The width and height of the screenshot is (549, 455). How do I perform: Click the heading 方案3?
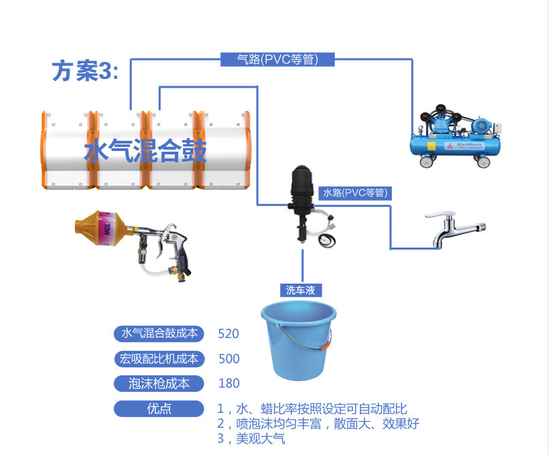coord(85,71)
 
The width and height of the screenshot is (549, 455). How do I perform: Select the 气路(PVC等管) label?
coord(278,60)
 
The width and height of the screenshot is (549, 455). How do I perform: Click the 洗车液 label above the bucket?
coord(300,290)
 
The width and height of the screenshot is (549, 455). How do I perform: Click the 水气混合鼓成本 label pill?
coord(159,333)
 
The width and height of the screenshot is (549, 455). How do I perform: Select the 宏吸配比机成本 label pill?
coord(159,358)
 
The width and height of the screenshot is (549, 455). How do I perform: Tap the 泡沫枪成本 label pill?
coord(159,384)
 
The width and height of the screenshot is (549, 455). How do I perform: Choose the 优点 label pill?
coord(159,409)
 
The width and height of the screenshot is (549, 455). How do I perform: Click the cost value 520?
coord(229,333)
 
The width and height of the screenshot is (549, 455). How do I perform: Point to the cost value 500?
coord(229,358)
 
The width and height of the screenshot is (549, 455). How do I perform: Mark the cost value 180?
coord(229,384)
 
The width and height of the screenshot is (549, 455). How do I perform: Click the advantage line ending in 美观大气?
coord(251,439)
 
